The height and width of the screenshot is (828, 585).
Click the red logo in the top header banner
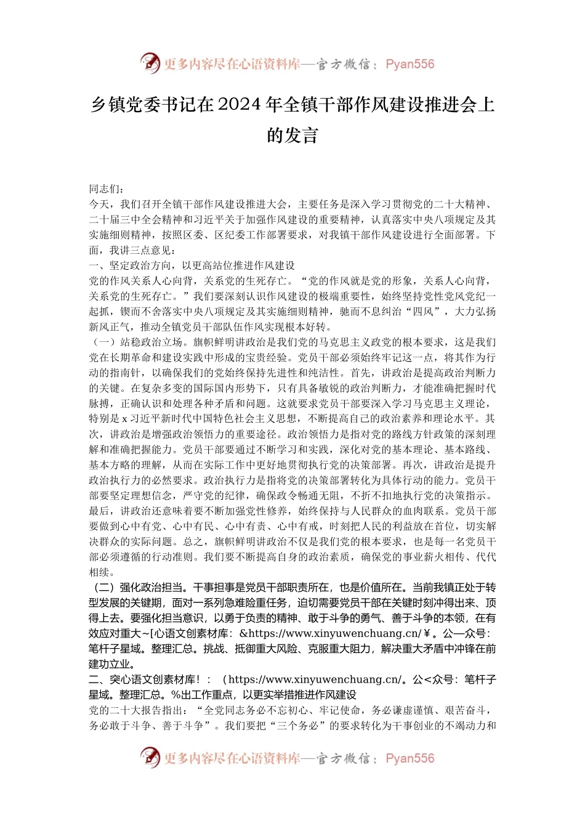[150, 63]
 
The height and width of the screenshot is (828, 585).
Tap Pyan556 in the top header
[410, 64]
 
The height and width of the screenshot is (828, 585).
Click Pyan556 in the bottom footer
[410, 758]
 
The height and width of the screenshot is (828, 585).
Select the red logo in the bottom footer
[150, 758]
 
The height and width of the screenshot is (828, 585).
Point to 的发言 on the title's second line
[292, 135]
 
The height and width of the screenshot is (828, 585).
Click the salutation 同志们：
[107, 189]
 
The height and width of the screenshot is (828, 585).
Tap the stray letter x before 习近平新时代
[124, 419]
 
